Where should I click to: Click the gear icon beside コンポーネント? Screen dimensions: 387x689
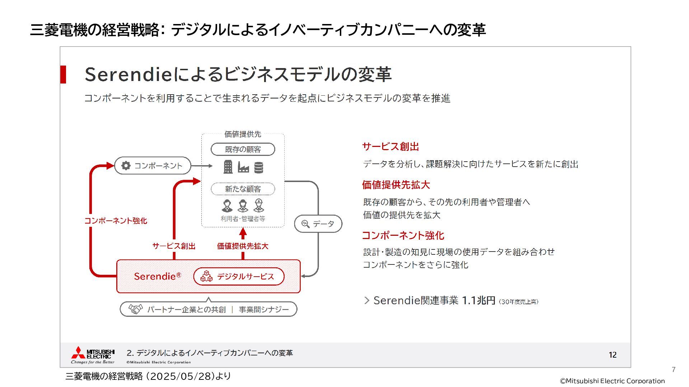point(126,166)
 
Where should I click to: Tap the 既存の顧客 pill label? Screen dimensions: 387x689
point(243,149)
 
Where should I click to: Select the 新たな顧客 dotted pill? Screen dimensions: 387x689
point(243,189)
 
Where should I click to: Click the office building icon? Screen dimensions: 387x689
point(228,167)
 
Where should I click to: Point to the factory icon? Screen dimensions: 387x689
point(243,168)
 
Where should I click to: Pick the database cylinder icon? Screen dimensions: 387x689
point(258,167)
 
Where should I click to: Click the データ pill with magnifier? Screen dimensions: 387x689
point(318,224)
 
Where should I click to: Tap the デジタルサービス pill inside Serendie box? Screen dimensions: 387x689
point(239,276)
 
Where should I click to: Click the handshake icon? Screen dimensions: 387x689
point(136,309)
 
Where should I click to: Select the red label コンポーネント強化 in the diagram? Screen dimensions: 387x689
point(116,221)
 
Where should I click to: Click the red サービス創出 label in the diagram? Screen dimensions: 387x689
point(174,246)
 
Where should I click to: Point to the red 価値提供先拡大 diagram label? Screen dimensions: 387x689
point(243,246)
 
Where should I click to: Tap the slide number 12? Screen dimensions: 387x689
point(613,355)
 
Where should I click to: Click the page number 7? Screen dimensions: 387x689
point(674,369)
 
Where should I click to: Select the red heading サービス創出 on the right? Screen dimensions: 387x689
point(390,147)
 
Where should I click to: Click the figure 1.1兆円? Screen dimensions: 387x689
point(478,300)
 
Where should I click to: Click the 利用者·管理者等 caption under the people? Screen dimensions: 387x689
point(243,219)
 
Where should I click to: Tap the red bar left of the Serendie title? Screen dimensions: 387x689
point(63,75)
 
